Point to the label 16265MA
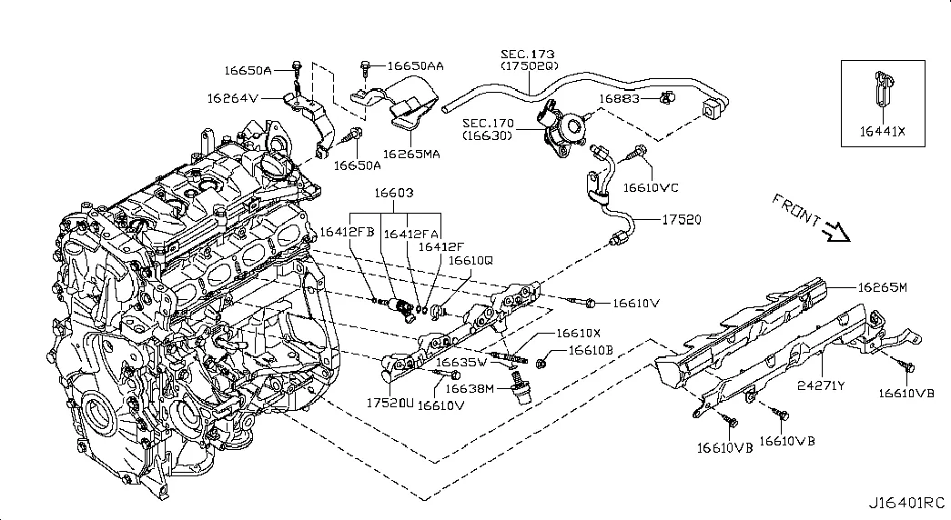tap(411, 154)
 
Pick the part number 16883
tap(619, 97)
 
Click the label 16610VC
tap(651, 188)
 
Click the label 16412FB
tap(346, 233)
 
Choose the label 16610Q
tap(470, 259)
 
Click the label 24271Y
tap(822, 385)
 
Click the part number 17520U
tap(390, 401)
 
